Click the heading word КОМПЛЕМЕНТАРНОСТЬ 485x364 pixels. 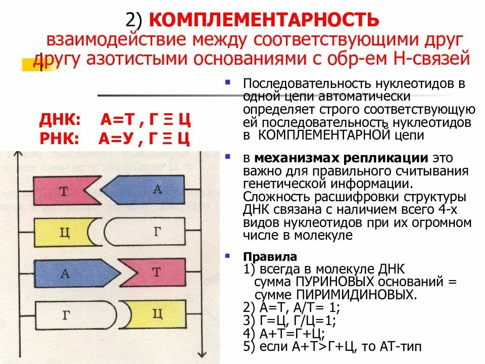click(x=264, y=20)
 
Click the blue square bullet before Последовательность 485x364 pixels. click(x=228, y=81)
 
